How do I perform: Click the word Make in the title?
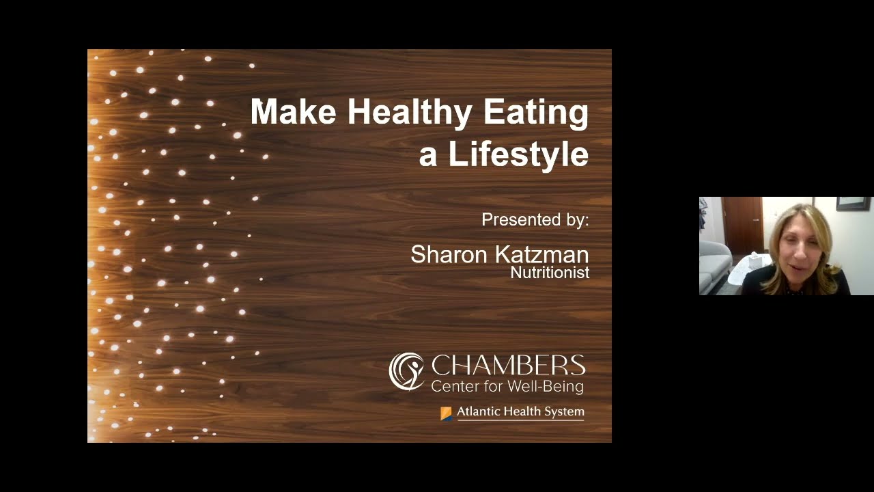(x=293, y=111)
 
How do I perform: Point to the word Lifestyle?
(x=518, y=154)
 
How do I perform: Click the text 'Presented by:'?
(x=535, y=220)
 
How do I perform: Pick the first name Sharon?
(x=449, y=255)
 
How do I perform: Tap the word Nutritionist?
(x=550, y=273)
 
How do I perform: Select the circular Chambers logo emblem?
(x=407, y=371)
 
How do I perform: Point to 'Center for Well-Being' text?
(x=507, y=387)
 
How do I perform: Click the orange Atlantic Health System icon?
(x=446, y=413)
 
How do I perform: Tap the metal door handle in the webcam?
(x=757, y=220)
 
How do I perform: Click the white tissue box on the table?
(x=755, y=260)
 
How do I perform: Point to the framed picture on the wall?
(x=854, y=203)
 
